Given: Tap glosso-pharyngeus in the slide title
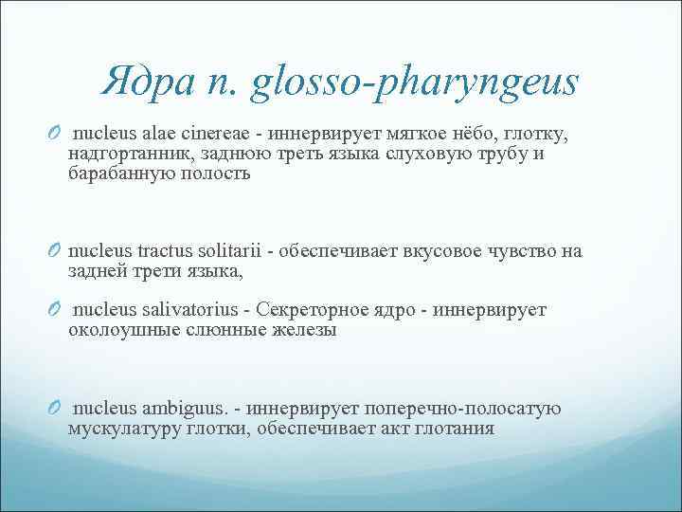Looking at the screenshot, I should coord(415,85).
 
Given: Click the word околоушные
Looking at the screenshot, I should coord(118,330).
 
